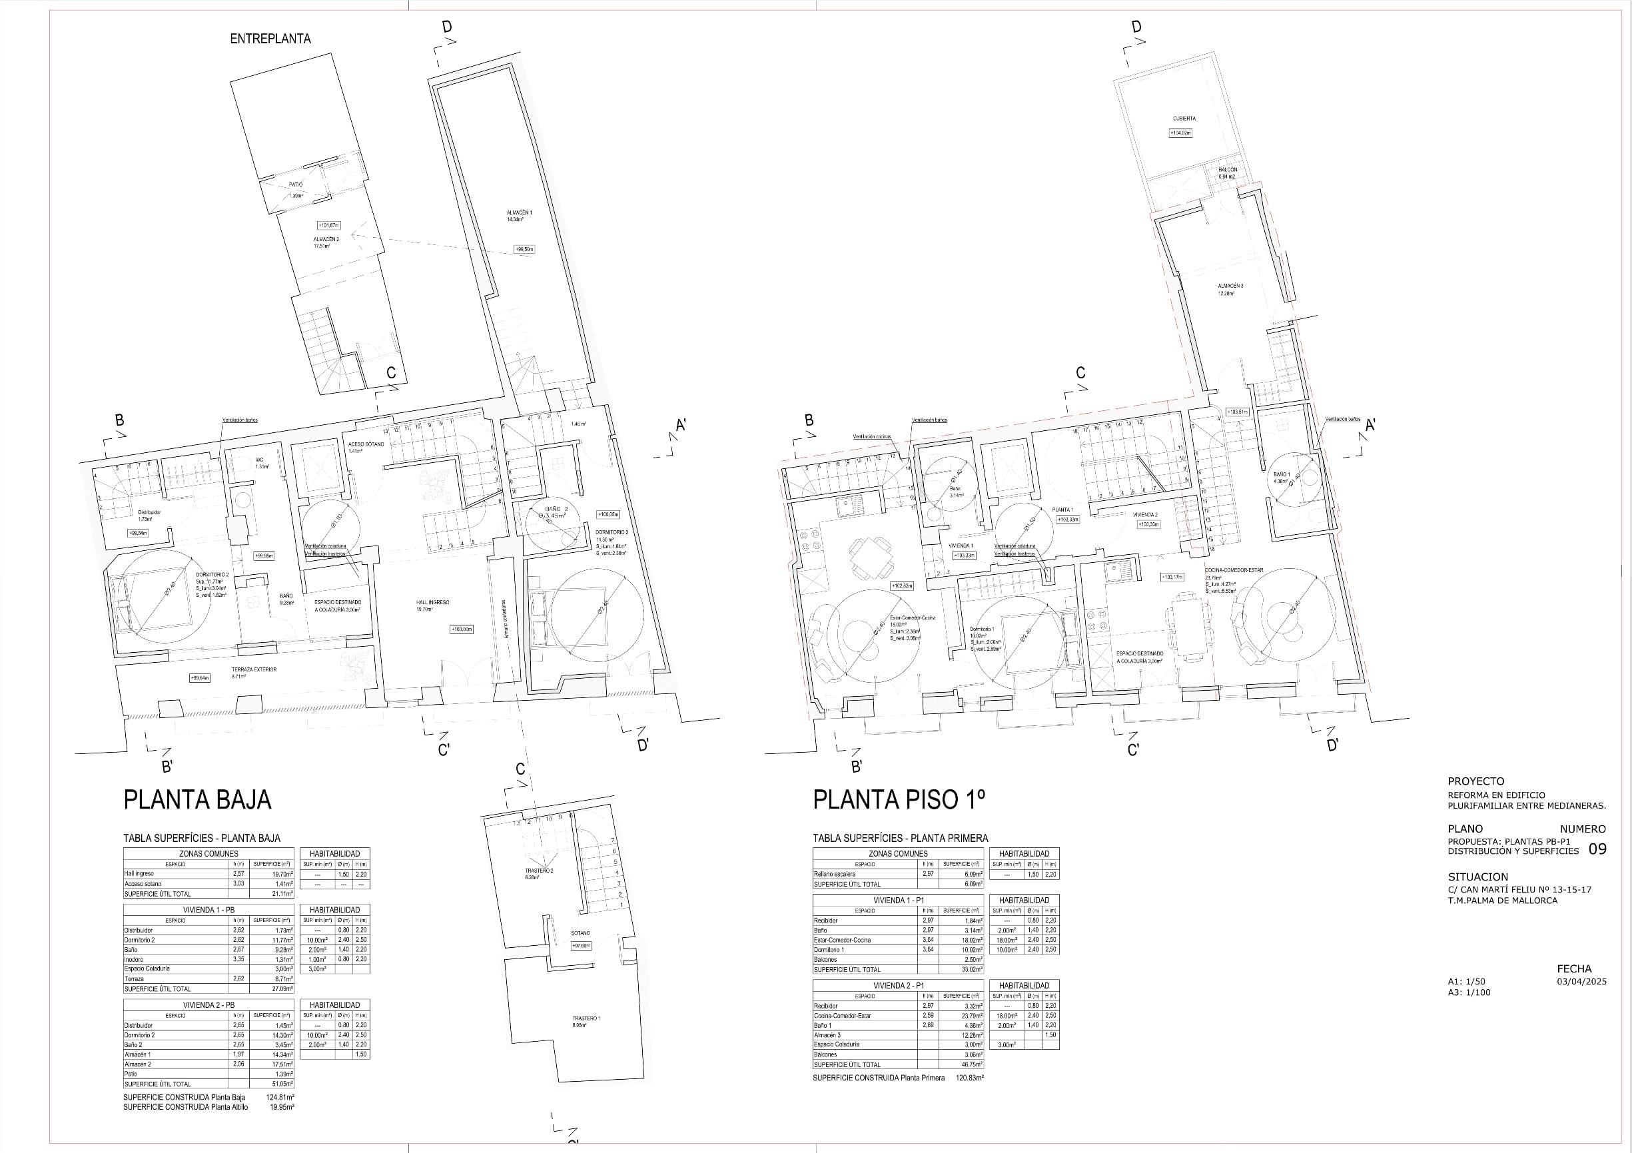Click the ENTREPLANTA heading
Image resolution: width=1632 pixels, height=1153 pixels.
pos(270,39)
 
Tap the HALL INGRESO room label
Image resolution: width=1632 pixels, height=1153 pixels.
pos(432,602)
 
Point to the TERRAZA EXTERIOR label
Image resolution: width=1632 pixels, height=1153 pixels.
pos(254,669)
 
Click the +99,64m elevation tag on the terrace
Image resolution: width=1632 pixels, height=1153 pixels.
pos(200,678)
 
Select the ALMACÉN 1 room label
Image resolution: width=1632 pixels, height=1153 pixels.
pos(519,212)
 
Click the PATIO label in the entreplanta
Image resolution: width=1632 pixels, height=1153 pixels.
pos(296,185)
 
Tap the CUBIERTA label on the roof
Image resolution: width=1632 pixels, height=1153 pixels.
pos(1184,119)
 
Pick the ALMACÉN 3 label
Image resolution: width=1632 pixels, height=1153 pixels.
pos(1230,286)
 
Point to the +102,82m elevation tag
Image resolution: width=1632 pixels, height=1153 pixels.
pos(902,585)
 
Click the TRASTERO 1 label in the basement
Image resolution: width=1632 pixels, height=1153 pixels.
pos(586,1018)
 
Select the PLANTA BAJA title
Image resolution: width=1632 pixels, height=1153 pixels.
pos(198,800)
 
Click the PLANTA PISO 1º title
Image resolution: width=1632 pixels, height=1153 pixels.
pos(899,800)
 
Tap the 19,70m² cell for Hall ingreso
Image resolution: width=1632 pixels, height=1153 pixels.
pos(282,875)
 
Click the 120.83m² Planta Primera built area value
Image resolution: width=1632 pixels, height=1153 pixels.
pos(969,1078)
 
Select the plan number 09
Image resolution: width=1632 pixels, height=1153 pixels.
pos(1597,849)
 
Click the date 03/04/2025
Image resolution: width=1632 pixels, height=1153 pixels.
pos(1581,982)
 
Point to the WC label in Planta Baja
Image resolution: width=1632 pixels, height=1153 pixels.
pos(260,459)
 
